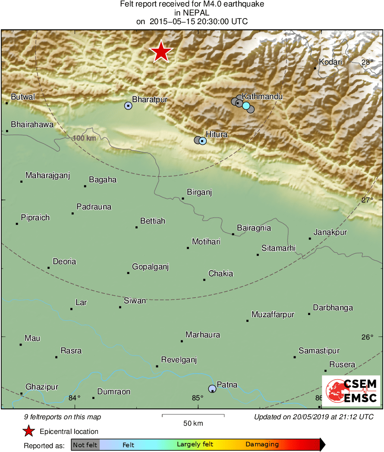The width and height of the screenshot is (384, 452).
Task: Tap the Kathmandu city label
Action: pyautogui.click(x=262, y=97)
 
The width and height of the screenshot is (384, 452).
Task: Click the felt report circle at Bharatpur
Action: pyautogui.click(x=128, y=106)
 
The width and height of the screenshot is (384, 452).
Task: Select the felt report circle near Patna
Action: pyautogui.click(x=212, y=389)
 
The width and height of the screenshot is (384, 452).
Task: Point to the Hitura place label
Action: pyautogui.click(x=217, y=134)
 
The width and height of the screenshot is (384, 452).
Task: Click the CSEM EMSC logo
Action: pyautogui.click(x=351, y=391)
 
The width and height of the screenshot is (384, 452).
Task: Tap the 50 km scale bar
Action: pyautogui.click(x=193, y=415)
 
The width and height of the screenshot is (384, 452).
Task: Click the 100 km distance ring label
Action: pyautogui.click(x=84, y=138)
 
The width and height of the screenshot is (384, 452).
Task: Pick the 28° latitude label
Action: pyautogui.click(x=367, y=62)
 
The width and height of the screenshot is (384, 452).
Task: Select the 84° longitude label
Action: pyautogui.click(x=75, y=397)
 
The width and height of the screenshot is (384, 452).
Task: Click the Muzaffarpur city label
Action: pyautogui.click(x=273, y=315)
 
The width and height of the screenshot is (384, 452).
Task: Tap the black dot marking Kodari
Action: pyautogui.click(x=315, y=68)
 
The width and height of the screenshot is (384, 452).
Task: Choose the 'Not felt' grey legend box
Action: pyautogui.click(x=85, y=445)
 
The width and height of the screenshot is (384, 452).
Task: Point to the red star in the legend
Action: pyautogui.click(x=28, y=431)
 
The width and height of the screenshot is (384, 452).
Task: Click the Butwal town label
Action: pyautogui.click(x=23, y=97)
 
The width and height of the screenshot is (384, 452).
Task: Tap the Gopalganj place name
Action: pyautogui.click(x=150, y=267)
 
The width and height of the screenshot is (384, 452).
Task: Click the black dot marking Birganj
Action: pyautogui.click(x=183, y=199)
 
